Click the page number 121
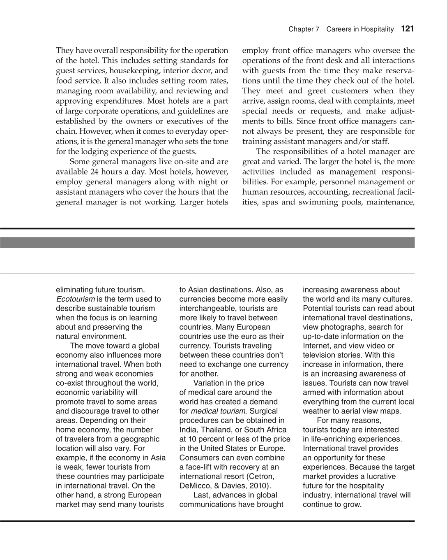click(x=408, y=29)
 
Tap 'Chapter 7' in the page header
click(x=304, y=29)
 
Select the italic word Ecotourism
click(x=75, y=299)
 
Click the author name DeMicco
click(x=195, y=486)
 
